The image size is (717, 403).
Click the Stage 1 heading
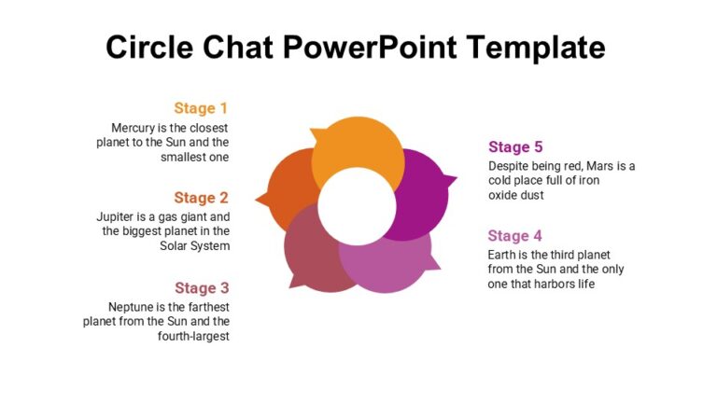201,108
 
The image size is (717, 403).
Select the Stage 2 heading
201,198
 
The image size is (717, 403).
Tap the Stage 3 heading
201,288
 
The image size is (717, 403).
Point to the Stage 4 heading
514,236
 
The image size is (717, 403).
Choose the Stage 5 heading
515,146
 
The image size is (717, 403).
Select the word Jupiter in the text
118,216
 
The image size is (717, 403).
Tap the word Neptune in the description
134,307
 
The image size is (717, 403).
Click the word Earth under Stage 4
504,255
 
